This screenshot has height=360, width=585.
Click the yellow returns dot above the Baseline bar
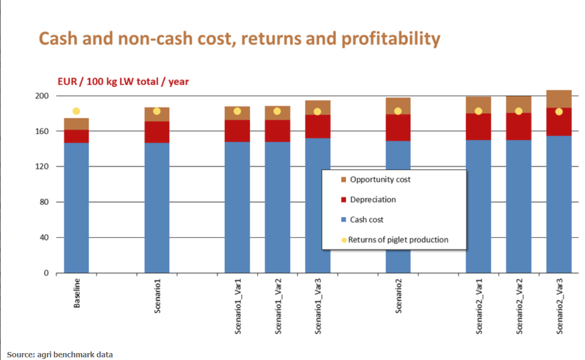[76, 111]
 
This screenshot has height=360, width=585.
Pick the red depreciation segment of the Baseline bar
[76, 136]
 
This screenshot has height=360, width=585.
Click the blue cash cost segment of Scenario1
[157, 208]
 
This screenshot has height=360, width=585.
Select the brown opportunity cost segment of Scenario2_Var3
[559, 98]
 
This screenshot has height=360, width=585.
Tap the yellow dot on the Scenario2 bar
[398, 111]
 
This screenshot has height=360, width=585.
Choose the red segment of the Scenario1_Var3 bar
[318, 127]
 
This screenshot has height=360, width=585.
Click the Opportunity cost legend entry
[380, 179]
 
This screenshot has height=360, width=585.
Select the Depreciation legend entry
[372, 200]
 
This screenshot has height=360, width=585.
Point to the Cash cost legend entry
[367, 219]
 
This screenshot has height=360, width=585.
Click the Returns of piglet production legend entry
[398, 240]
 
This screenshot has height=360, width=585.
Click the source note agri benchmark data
[60, 354]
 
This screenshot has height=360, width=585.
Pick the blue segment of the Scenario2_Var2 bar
[518, 208]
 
